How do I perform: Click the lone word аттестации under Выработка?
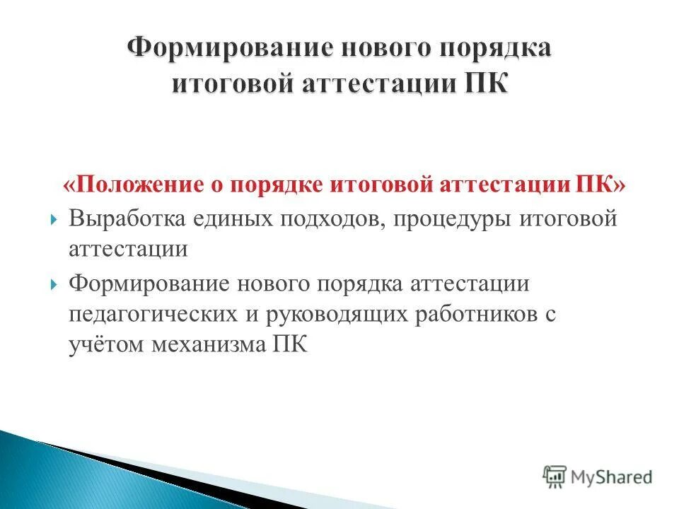128,250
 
